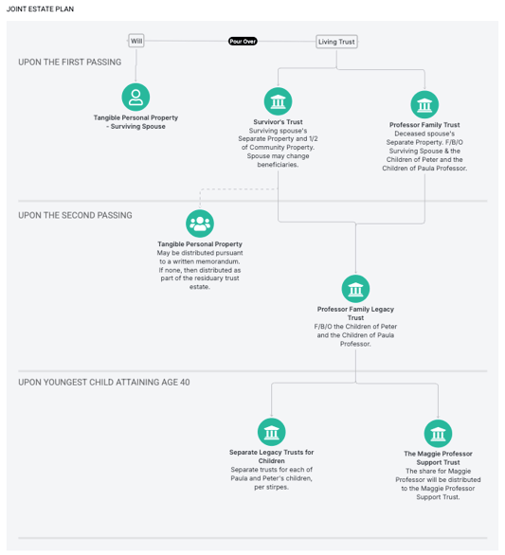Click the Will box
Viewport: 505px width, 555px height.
(x=136, y=41)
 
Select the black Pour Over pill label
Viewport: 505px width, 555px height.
(x=243, y=42)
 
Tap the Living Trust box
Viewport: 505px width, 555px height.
(x=336, y=42)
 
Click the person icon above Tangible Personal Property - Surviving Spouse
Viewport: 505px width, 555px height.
(x=135, y=97)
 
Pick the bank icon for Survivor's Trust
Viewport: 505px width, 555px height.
(x=278, y=101)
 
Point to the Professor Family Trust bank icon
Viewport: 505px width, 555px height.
(x=424, y=104)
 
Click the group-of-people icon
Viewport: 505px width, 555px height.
(x=200, y=224)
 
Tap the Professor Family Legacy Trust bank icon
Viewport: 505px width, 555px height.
(x=355, y=289)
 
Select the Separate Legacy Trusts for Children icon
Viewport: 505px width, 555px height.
(x=272, y=432)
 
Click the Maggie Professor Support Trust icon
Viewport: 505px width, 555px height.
(x=438, y=434)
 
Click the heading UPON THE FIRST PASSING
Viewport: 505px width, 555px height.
(x=70, y=63)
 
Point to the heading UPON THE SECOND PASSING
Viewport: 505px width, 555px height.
(x=75, y=215)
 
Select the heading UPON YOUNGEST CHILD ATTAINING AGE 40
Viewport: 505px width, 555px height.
(x=104, y=383)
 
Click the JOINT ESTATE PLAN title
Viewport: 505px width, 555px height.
(x=40, y=9)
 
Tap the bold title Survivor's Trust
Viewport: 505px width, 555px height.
(x=278, y=122)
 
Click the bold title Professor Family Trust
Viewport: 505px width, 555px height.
(x=424, y=125)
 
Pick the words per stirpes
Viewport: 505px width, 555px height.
(x=272, y=487)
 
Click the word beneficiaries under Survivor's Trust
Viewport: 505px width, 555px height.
(x=278, y=165)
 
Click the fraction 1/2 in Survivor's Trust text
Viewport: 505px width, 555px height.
(x=314, y=138)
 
